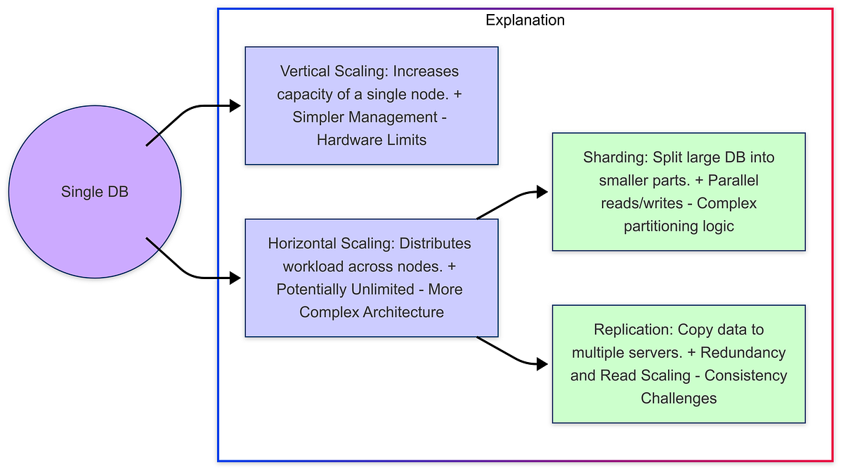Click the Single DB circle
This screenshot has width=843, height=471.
click(x=95, y=192)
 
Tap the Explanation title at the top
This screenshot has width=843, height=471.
click(x=525, y=20)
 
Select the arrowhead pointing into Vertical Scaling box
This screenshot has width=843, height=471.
click(x=237, y=106)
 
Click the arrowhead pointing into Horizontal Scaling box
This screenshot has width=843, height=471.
click(x=237, y=278)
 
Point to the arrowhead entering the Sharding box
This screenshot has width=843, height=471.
click(x=542, y=191)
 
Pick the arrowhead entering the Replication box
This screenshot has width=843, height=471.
click(x=542, y=364)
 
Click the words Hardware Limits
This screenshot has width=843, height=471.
click(x=371, y=139)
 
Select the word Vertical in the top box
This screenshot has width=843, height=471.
click(x=301, y=72)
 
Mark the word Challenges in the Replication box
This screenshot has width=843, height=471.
click(x=679, y=398)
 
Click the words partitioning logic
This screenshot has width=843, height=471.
click(x=679, y=226)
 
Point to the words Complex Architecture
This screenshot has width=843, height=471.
click(x=372, y=312)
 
